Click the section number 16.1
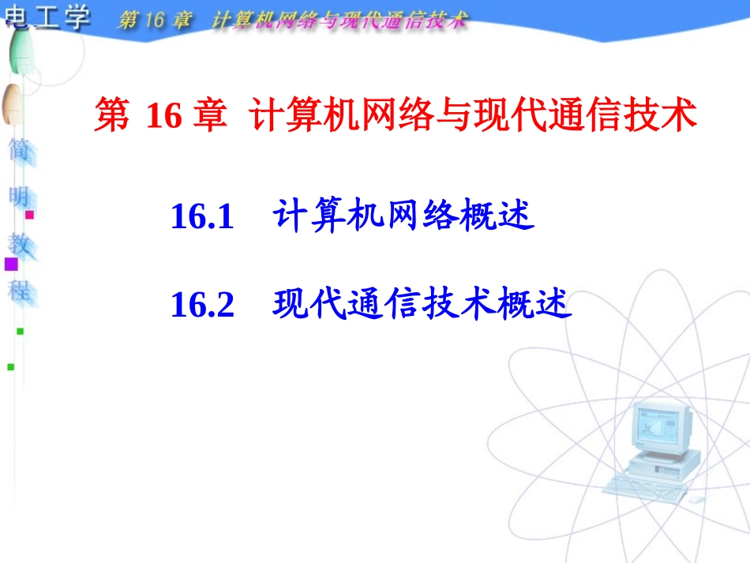click(x=203, y=217)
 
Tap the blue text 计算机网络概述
click(x=403, y=216)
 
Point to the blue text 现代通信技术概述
click(x=422, y=304)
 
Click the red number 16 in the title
click(x=164, y=117)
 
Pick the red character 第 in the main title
click(x=111, y=116)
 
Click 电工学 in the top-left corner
click(x=47, y=17)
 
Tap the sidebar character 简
click(x=19, y=151)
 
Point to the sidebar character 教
click(x=19, y=243)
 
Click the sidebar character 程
click(x=19, y=289)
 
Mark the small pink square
click(x=30, y=214)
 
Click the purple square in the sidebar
click(x=11, y=264)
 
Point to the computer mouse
click(x=695, y=500)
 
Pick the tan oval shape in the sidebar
click(x=12, y=103)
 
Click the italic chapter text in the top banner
click(x=292, y=20)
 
